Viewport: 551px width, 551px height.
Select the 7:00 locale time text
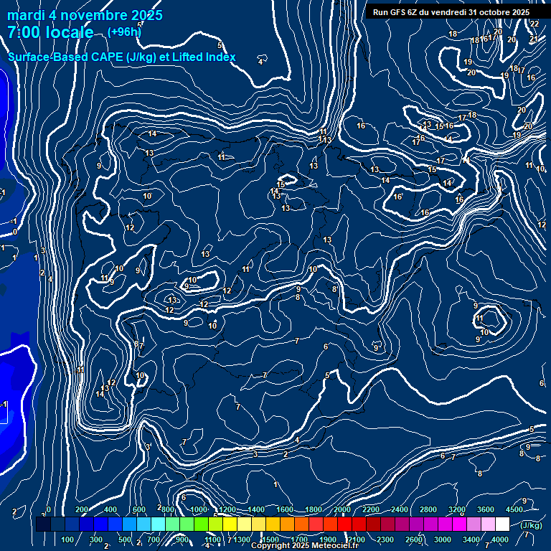point(50,32)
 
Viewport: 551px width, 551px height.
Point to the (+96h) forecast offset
point(124,32)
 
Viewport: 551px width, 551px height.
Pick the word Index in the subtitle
point(218,57)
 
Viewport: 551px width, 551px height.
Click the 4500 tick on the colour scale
point(514,509)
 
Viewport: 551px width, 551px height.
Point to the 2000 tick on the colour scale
point(342,509)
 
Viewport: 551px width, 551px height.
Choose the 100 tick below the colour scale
point(67,540)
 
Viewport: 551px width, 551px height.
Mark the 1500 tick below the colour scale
point(270,540)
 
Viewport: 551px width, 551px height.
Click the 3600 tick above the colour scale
point(486,509)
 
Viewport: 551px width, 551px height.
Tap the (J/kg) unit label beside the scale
point(530,525)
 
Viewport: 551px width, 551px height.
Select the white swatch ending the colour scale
point(502,524)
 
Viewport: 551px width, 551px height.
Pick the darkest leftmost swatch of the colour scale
point(43,524)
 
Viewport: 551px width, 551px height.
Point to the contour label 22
point(534,24)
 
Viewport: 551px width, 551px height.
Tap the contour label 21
point(534,39)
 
